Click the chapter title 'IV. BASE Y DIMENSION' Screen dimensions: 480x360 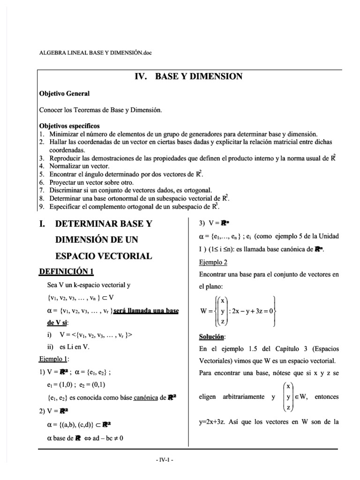[x=188, y=77]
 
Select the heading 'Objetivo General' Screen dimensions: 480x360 [x=64, y=94]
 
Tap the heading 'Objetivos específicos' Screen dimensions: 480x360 [x=69, y=126]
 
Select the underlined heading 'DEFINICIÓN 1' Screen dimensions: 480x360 [x=69, y=271]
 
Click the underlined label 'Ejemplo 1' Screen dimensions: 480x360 [x=53, y=359]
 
